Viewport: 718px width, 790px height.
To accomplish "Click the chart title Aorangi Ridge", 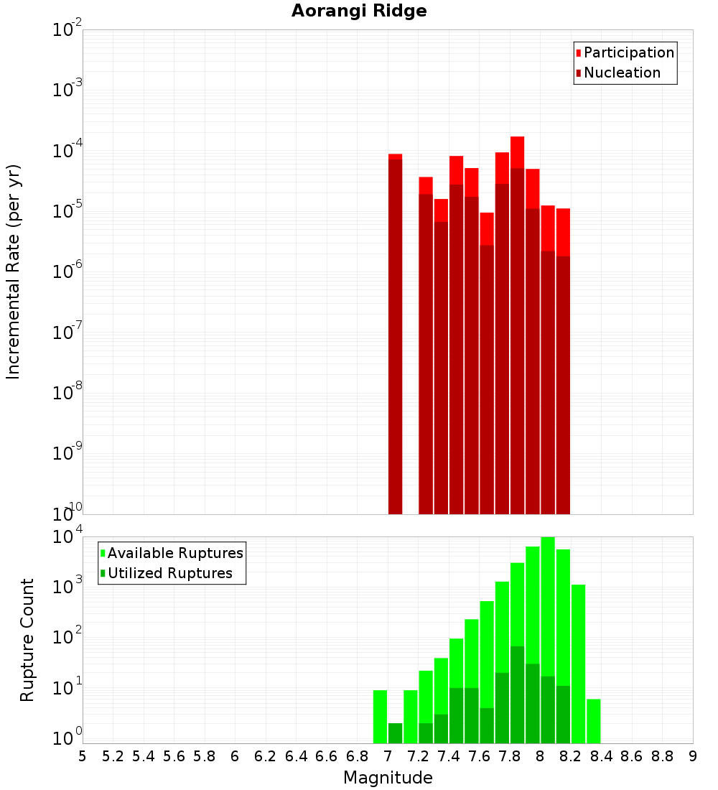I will pyautogui.click(x=359, y=11).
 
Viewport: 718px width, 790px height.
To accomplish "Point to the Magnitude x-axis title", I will pyautogui.click(x=388, y=778).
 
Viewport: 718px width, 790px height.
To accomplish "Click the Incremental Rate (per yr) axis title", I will pyautogui.click(x=14, y=271).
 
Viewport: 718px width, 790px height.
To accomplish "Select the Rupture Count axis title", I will pyautogui.click(x=27, y=639).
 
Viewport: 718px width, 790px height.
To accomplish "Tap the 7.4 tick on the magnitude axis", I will pyautogui.click(x=449, y=756).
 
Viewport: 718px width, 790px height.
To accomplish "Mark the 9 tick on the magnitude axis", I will pyautogui.click(x=693, y=756).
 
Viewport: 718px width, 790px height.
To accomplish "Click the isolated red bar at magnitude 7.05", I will pyautogui.click(x=395, y=330).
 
